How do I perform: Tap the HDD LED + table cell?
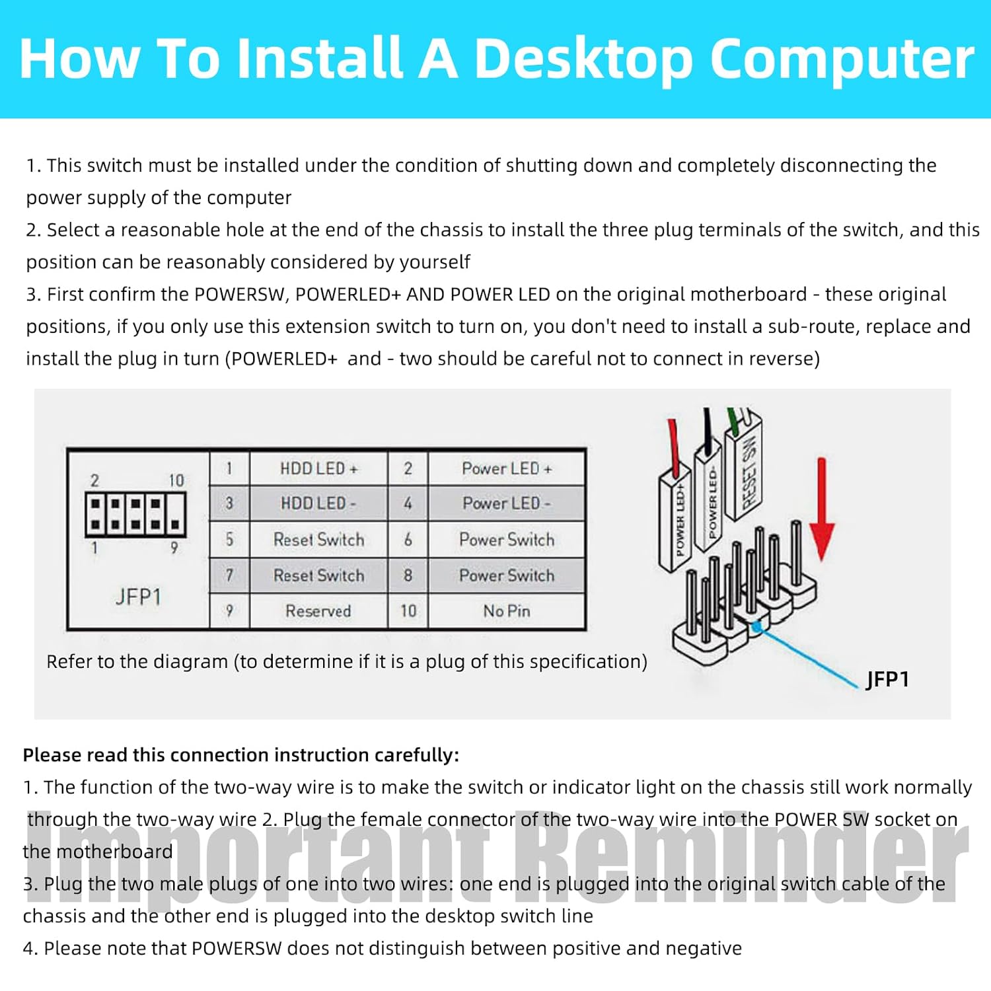tap(318, 468)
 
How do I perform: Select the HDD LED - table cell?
tap(318, 503)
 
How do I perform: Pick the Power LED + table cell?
tap(507, 468)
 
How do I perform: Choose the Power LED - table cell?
tap(507, 503)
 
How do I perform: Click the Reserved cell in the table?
tap(318, 611)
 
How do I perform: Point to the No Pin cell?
tap(507, 611)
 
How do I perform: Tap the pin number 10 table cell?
tap(408, 611)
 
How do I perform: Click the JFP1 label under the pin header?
tap(138, 597)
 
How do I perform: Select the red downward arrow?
tap(822, 509)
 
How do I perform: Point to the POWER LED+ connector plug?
tap(676, 519)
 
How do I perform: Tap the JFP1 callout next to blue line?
tap(887, 679)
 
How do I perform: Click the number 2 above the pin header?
tap(95, 480)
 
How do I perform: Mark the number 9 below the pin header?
tap(174, 548)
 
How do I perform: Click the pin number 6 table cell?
tap(408, 540)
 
